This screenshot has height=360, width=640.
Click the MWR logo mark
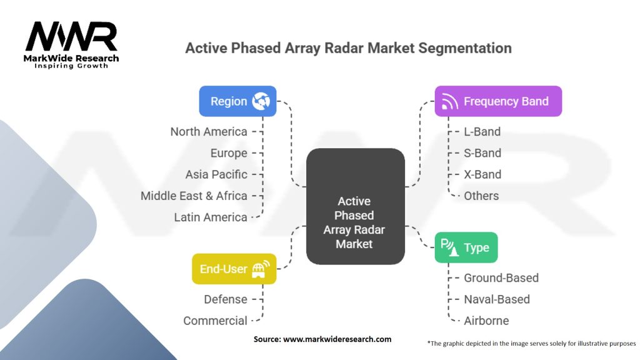tap(71, 36)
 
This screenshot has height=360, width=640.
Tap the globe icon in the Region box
tap(261, 101)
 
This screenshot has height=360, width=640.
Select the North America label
tap(209, 132)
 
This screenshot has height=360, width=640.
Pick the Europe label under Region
tap(229, 153)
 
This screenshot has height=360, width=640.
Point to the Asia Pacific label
tap(216, 174)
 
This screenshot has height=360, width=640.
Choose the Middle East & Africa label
tap(194, 196)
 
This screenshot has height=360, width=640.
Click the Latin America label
tap(211, 217)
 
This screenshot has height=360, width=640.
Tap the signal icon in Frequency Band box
tap(449, 101)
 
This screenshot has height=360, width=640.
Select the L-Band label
tap(482, 132)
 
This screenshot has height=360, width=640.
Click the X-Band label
tap(482, 174)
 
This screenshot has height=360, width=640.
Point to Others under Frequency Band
tap(481, 196)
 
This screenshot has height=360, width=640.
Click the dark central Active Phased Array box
tap(356, 206)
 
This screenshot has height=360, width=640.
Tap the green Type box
tap(466, 247)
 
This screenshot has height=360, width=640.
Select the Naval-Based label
tap(497, 299)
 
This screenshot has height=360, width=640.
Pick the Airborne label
tap(486, 321)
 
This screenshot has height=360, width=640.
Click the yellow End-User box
tap(234, 269)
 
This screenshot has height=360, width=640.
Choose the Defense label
tap(225, 299)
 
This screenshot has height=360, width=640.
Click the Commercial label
tap(215, 321)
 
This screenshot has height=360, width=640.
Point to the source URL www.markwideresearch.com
tap(337, 339)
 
